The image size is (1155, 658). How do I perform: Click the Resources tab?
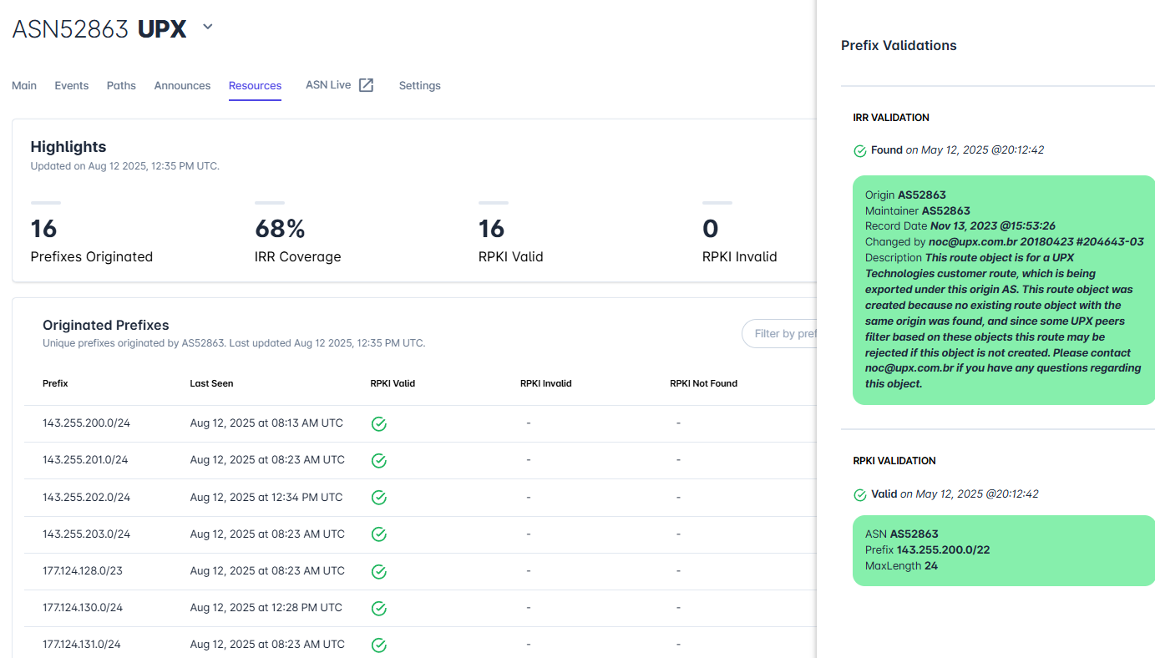click(255, 86)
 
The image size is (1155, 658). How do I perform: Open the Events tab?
click(72, 86)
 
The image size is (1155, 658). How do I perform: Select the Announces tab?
click(182, 86)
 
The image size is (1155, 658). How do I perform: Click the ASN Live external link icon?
click(366, 85)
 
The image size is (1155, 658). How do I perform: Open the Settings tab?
click(420, 86)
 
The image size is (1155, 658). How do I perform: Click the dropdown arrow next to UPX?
click(208, 27)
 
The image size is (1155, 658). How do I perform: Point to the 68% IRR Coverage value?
click(280, 229)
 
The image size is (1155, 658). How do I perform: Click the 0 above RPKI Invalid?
click(710, 229)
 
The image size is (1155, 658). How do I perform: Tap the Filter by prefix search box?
click(779, 334)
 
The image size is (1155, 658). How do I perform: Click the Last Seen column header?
click(211, 383)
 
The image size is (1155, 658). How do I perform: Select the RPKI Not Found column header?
click(703, 383)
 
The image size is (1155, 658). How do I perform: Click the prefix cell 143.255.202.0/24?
click(86, 497)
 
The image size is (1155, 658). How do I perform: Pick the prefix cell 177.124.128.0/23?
click(83, 571)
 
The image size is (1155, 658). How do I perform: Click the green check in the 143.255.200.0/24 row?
click(379, 424)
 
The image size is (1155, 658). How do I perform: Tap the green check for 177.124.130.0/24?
click(379, 609)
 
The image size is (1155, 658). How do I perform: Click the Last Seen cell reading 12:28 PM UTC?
click(266, 607)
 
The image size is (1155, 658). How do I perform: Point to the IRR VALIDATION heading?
click(891, 118)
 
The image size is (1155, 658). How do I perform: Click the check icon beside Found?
click(860, 150)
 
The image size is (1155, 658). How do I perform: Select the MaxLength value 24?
click(931, 565)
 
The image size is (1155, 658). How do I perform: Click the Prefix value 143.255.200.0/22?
click(943, 549)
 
